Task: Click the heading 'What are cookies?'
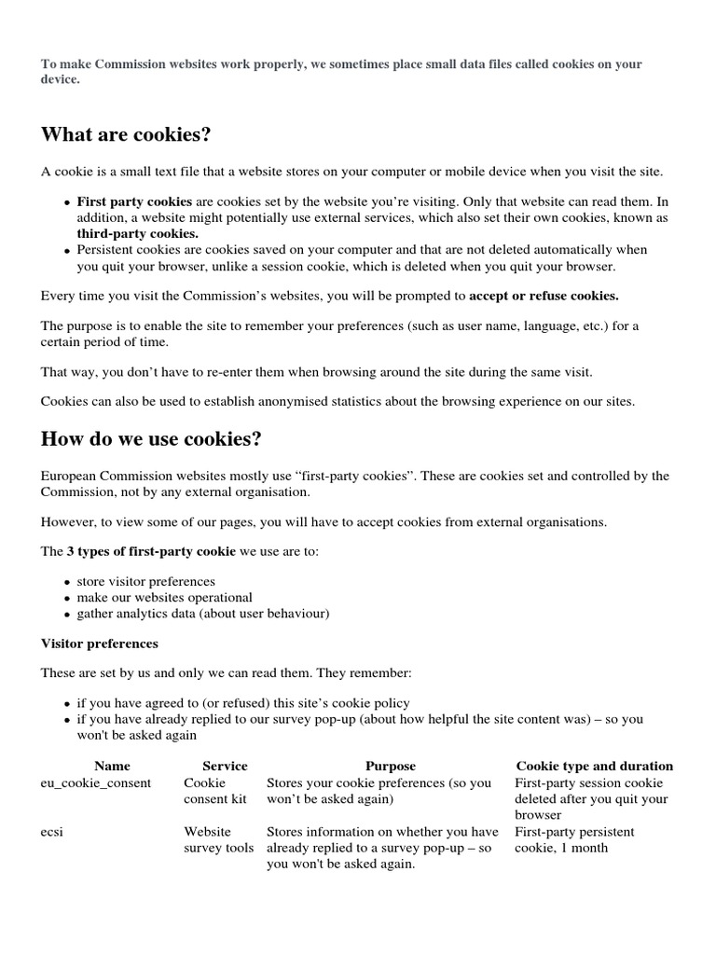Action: tap(126, 135)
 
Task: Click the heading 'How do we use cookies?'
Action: tap(151, 439)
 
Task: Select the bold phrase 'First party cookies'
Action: tap(134, 201)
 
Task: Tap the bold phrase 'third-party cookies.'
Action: tap(137, 233)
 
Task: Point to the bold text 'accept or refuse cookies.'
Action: tap(544, 296)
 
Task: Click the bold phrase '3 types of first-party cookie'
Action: tap(151, 551)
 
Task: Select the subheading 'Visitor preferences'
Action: tap(100, 644)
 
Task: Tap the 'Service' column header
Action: tap(225, 766)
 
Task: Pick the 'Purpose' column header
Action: tap(390, 766)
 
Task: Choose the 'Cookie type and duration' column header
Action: tap(594, 766)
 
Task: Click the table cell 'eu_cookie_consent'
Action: tap(96, 782)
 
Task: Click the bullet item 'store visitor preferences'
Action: tap(145, 581)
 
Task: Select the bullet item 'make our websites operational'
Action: tap(164, 597)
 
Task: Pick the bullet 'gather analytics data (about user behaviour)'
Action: tap(202, 613)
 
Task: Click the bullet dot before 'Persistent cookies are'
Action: tap(66, 251)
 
